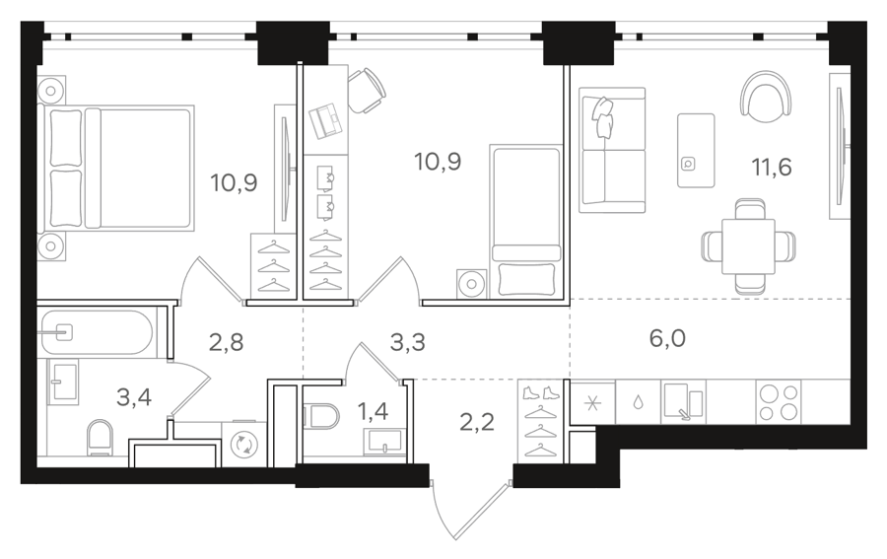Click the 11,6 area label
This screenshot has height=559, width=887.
[771, 168]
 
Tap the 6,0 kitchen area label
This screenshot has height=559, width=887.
[667, 338]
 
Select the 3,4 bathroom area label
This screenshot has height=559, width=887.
[134, 397]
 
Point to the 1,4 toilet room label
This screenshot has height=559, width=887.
[373, 411]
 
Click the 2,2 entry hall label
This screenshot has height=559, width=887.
[477, 422]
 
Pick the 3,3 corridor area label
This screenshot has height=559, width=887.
[408, 342]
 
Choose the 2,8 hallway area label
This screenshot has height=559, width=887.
[227, 342]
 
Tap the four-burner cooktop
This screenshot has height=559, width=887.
[779, 402]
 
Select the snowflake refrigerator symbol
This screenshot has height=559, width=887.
[592, 403]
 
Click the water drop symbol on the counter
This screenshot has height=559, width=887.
[638, 403]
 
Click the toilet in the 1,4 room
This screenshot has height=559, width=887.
[320, 416]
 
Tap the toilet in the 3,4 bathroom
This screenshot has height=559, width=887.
[101, 438]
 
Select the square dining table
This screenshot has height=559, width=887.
[748, 246]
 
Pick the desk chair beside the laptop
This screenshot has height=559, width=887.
[366, 90]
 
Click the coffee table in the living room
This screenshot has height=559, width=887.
[696, 150]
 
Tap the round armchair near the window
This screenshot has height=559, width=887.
[766, 97]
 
